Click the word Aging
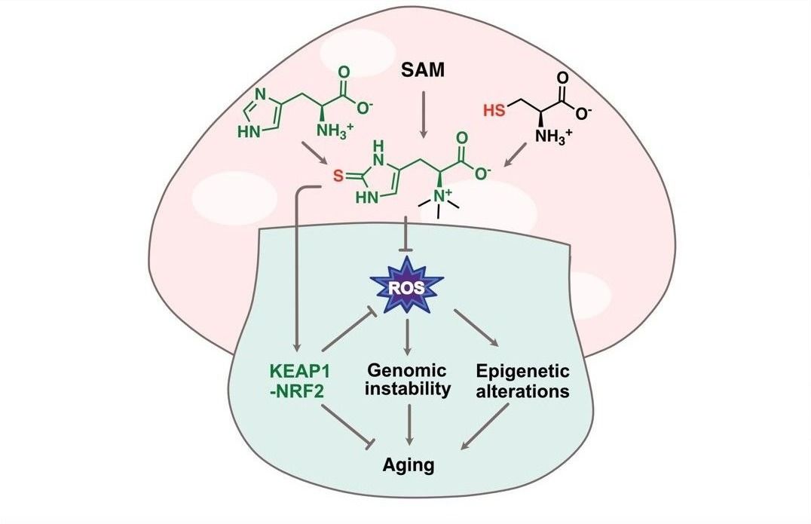407,464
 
